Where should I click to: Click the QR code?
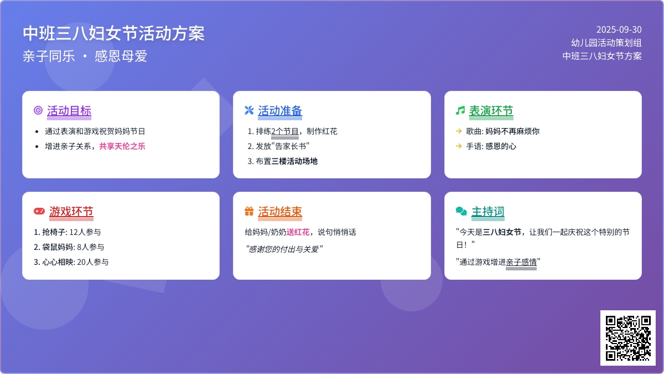[628, 338]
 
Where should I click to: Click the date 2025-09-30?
[619, 30]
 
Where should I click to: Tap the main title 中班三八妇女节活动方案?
[113, 33]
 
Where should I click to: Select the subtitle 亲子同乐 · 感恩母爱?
[85, 56]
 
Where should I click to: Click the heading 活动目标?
[69, 111]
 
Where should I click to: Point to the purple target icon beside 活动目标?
[38, 110]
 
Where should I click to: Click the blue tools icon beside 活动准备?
[249, 110]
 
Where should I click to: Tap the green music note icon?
[460, 110]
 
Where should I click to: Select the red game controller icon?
[39, 211]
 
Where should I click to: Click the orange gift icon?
[249, 211]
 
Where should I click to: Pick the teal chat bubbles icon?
[461, 211]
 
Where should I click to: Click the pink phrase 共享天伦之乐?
[122, 146]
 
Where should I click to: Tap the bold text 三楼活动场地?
[294, 161]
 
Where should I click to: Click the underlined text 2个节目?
[285, 131]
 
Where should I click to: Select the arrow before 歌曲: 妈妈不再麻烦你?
[459, 131]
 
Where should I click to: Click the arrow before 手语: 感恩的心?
[459, 146]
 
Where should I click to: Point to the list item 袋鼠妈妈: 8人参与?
[69, 247]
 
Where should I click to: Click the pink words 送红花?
[298, 232]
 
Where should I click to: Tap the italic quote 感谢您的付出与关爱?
[284, 249]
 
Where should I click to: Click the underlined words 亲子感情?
[521, 262]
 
